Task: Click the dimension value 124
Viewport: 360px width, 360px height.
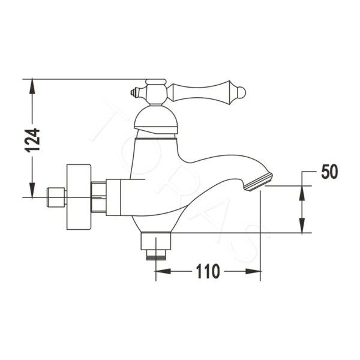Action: pos(35,139)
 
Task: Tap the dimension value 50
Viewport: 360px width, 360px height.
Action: pos(329,172)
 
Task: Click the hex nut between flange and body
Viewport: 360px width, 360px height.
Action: pos(98,196)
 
